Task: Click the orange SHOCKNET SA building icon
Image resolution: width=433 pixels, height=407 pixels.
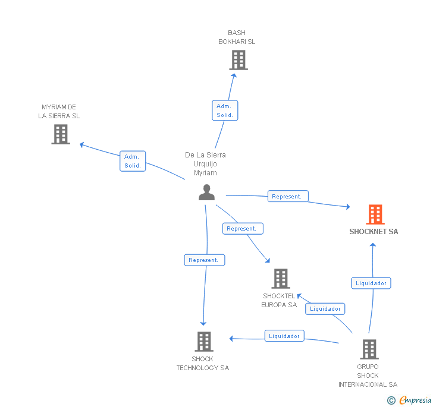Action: pyautogui.click(x=375, y=214)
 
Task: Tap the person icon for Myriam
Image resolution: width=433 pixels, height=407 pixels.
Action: pyautogui.click(x=206, y=193)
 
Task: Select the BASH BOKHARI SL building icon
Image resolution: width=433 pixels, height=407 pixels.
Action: pyautogui.click(x=239, y=60)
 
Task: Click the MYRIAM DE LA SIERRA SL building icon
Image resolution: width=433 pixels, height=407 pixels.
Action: pyautogui.click(x=61, y=134)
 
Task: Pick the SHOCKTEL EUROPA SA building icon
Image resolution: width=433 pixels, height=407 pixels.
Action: pyautogui.click(x=281, y=279)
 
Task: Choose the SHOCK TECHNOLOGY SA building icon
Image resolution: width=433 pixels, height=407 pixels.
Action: pyautogui.click(x=204, y=341)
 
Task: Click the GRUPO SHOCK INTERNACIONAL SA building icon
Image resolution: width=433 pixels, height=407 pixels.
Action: pyautogui.click(x=369, y=349)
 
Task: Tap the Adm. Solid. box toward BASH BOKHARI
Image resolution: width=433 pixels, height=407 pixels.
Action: pyautogui.click(x=225, y=111)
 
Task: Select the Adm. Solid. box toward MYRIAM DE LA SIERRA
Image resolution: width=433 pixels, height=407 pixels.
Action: pyautogui.click(x=133, y=161)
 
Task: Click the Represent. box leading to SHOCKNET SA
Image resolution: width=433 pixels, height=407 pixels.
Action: pyautogui.click(x=288, y=196)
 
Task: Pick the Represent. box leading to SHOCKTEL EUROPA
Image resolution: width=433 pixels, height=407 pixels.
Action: pyautogui.click(x=243, y=229)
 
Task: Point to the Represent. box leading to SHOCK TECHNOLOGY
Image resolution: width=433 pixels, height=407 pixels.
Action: pyautogui.click(x=205, y=260)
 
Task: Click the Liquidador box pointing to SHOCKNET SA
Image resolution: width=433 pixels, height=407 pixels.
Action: pyautogui.click(x=371, y=283)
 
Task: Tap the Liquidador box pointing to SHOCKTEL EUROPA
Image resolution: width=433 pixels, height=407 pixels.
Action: pyautogui.click(x=325, y=309)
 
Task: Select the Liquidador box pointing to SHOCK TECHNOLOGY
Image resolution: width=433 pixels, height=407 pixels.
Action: pyautogui.click(x=284, y=336)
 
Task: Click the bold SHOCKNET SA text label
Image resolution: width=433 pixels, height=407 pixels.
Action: pyautogui.click(x=374, y=232)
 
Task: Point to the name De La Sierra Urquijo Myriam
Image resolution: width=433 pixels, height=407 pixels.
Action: pyautogui.click(x=205, y=163)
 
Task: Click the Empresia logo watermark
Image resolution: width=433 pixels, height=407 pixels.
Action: pyautogui.click(x=409, y=400)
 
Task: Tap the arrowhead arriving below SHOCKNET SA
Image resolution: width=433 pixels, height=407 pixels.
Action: pyautogui.click(x=373, y=245)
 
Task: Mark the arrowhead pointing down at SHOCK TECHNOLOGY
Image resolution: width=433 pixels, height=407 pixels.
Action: pyautogui.click(x=203, y=323)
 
